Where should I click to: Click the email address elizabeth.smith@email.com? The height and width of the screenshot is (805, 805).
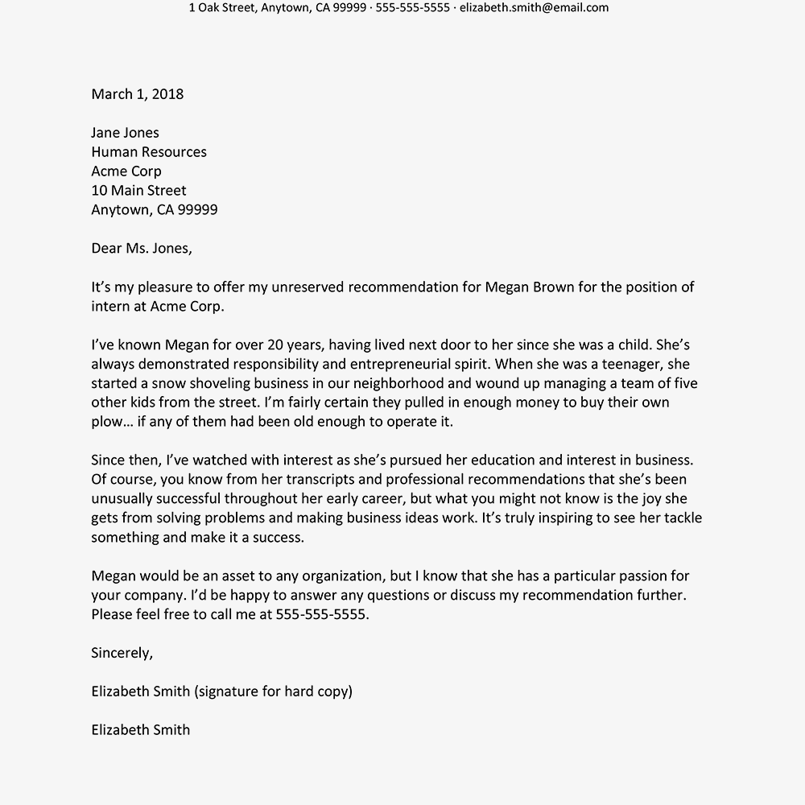pyautogui.click(x=534, y=8)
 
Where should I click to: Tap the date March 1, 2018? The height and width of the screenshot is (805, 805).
pyautogui.click(x=138, y=94)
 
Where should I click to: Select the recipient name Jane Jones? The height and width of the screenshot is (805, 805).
pyautogui.click(x=126, y=133)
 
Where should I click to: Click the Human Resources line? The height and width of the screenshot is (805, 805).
pyautogui.click(x=149, y=152)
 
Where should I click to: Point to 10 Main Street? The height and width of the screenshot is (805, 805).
pyautogui.click(x=138, y=191)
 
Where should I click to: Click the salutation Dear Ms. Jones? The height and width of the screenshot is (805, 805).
pyautogui.click(x=142, y=248)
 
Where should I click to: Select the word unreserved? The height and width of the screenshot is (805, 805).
pyautogui.click(x=308, y=287)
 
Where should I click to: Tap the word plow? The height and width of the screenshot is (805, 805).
pyautogui.click(x=107, y=422)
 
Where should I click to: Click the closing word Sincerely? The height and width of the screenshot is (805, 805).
pyautogui.click(x=122, y=653)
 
